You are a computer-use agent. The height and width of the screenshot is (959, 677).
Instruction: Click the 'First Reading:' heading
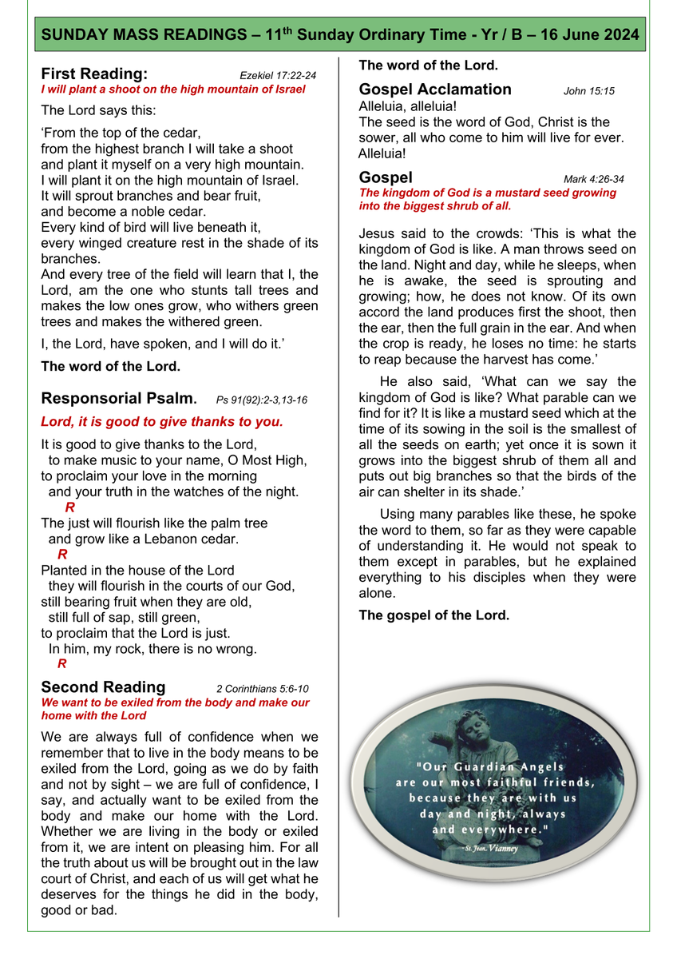tap(94, 74)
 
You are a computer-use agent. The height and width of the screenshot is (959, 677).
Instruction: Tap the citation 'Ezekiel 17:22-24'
tap(278, 76)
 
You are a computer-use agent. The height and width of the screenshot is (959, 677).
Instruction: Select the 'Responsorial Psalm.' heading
tap(118, 398)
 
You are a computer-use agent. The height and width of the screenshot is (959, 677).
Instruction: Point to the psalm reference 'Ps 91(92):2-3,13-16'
tap(261, 400)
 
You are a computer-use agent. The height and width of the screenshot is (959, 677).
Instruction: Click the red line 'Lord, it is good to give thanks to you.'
tap(162, 421)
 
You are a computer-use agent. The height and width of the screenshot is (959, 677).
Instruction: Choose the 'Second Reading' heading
tap(103, 687)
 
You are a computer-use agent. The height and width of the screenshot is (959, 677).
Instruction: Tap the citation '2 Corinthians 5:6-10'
tap(263, 689)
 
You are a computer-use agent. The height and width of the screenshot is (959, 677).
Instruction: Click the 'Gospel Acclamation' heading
tap(435, 90)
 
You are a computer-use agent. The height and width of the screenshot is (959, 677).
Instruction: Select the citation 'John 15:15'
tap(589, 91)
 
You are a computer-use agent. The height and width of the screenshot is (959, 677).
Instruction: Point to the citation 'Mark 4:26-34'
tap(594, 179)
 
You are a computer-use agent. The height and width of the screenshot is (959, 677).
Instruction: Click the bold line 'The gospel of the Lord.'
tap(434, 615)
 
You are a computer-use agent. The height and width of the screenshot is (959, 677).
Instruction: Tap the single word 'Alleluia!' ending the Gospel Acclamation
tap(382, 153)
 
